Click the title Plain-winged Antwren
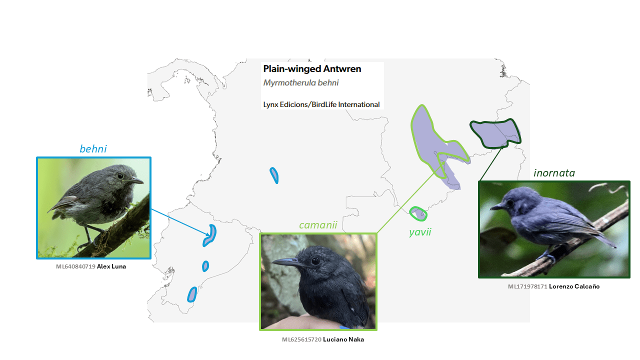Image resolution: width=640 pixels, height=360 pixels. (x=312, y=69)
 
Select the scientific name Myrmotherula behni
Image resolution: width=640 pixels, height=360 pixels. (x=301, y=83)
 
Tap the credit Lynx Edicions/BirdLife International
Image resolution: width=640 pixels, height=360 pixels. (x=321, y=104)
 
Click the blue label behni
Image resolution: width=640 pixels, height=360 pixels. (x=93, y=149)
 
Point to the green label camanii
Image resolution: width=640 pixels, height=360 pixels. (x=318, y=225)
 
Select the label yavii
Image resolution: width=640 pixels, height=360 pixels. (x=419, y=232)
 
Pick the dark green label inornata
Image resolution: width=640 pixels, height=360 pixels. (x=554, y=173)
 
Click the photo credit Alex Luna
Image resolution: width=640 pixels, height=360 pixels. (x=111, y=266)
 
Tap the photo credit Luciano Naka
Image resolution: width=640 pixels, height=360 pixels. (x=343, y=339)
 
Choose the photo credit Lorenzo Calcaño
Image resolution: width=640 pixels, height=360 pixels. (x=574, y=286)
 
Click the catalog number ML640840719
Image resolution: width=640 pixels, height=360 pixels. (x=75, y=266)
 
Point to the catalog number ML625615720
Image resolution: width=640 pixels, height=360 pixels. (x=301, y=339)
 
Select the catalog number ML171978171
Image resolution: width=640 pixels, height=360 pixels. (x=527, y=286)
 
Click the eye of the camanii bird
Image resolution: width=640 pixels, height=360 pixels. (x=315, y=261)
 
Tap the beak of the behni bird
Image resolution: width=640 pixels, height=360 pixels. (x=137, y=180)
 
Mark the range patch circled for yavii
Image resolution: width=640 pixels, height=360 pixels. (x=418, y=213)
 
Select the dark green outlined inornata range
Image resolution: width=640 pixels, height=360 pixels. (x=494, y=133)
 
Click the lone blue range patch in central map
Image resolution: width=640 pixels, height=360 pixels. (x=274, y=175)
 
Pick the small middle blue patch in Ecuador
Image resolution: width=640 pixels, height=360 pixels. (x=205, y=266)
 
